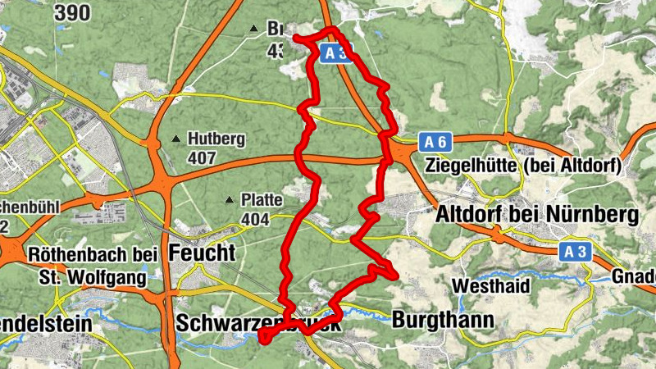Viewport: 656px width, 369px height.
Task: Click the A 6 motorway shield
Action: (x=437, y=142)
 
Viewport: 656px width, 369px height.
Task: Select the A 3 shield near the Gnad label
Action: (x=577, y=253)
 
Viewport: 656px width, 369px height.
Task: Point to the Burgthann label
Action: (x=434, y=318)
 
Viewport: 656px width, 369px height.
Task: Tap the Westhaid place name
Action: (x=490, y=287)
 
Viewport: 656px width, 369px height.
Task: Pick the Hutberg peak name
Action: (x=216, y=139)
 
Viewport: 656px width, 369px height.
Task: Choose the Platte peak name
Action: (x=262, y=199)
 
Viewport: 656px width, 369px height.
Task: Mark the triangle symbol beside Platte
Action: (x=229, y=199)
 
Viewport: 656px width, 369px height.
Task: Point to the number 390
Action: (x=73, y=12)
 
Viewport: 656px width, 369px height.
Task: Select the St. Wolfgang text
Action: (x=93, y=277)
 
